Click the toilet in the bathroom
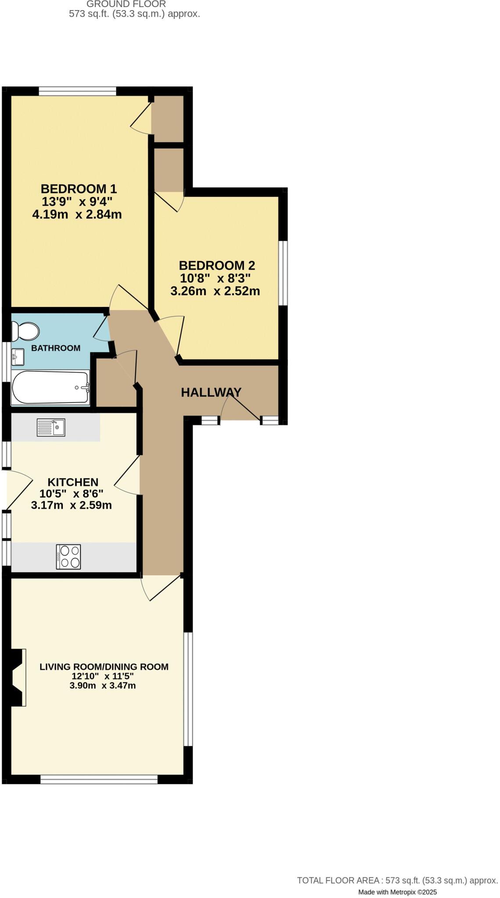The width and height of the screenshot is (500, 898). (25, 331)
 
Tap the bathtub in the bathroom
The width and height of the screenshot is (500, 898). (50, 388)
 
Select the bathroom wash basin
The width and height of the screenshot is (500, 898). (18, 357)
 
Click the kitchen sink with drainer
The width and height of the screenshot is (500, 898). (51, 428)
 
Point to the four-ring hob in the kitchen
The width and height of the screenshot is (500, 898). (68, 557)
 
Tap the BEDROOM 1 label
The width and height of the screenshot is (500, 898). (79, 189)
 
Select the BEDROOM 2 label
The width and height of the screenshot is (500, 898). (217, 265)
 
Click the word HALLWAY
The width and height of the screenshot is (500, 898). (211, 392)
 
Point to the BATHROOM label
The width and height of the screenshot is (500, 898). (56, 348)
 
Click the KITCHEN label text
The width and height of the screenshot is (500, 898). (73, 482)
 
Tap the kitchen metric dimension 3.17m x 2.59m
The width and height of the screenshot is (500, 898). (72, 506)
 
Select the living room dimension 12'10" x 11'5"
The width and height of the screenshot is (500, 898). (103, 676)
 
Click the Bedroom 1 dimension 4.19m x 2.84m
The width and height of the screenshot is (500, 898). (77, 215)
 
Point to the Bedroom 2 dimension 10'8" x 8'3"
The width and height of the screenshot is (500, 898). (215, 278)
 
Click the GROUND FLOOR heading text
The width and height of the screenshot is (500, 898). (126, 4)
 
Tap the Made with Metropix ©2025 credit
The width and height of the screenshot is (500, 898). (397, 892)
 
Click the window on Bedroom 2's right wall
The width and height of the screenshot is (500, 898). (284, 273)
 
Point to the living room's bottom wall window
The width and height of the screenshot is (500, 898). (99, 779)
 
